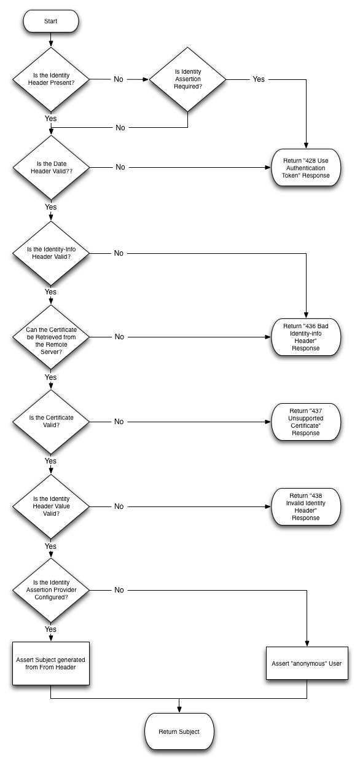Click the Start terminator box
coord(51,22)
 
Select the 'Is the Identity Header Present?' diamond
coord(51,79)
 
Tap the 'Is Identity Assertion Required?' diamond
coord(187,79)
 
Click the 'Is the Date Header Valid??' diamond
coord(51,167)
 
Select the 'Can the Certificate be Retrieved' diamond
coord(51,337)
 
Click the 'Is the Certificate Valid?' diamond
coord(51,422)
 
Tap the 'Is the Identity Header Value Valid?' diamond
coord(51,506)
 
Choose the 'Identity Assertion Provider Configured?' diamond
coord(51,590)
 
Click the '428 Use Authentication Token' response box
coord(306,167)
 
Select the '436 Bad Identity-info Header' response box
coord(306,337)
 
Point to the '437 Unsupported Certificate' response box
coord(306,422)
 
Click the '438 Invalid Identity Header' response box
coord(306,506)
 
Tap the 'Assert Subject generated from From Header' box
coord(51,664)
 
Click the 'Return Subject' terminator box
coord(179,732)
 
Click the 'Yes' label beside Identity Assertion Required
coord(259,79)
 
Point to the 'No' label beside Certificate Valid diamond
coord(119,422)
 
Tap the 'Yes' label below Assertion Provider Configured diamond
coord(51,629)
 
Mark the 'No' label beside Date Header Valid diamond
coord(119,167)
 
